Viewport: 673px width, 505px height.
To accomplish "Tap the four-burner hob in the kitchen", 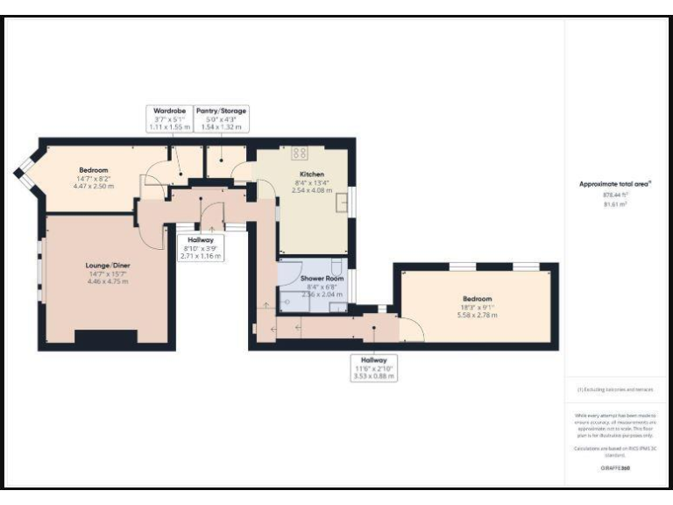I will pos(299,153).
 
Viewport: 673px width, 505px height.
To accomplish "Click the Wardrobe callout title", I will pos(166,111).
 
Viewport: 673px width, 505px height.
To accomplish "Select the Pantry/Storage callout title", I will pos(221,111).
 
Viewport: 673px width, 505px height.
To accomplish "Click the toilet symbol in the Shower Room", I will pos(338,268).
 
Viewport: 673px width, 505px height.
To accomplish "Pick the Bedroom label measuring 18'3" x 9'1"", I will pos(477,299).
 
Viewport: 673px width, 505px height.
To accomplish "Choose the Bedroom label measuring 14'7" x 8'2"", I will pos(93,170).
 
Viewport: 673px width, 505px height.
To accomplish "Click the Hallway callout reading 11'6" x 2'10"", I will pos(373,360).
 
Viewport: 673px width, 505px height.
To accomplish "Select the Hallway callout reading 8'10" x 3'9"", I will pos(202,240).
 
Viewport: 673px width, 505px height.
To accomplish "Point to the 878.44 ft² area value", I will pos(615,196).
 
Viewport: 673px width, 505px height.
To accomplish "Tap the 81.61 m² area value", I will pos(615,203).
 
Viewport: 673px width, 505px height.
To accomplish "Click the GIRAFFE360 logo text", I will pos(616,468).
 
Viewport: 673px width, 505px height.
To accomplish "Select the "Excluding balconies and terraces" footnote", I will pos(615,389).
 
